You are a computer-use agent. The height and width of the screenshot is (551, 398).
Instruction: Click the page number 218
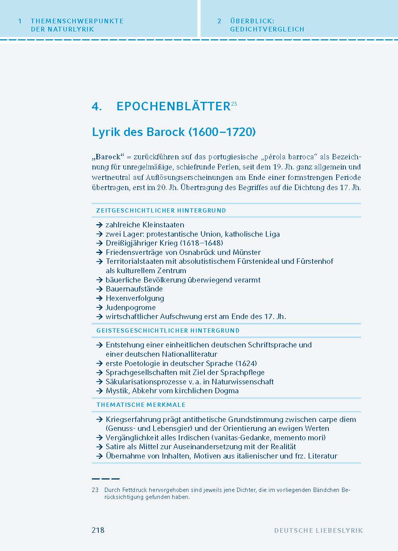click(x=98, y=530)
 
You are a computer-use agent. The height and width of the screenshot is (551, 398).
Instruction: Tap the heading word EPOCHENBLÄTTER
click(x=173, y=106)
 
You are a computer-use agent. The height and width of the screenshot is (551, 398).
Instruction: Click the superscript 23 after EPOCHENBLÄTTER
click(x=234, y=104)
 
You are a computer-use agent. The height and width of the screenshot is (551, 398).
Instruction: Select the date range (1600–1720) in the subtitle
click(x=222, y=132)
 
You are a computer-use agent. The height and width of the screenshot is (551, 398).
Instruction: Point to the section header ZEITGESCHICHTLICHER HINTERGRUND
click(x=161, y=211)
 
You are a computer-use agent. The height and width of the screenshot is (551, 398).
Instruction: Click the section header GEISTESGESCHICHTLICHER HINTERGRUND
click(x=168, y=331)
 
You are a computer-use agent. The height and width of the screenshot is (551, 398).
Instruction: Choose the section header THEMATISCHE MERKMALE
click(x=141, y=405)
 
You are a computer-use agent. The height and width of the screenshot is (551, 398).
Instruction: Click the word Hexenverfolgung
click(x=135, y=298)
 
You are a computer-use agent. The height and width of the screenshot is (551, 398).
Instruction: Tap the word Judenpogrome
click(x=131, y=307)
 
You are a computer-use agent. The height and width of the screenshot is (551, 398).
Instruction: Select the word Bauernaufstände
click(x=134, y=289)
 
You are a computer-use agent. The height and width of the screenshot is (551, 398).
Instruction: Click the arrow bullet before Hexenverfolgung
click(x=99, y=298)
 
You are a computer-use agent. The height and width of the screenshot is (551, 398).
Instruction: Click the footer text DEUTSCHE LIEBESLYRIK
click(x=318, y=530)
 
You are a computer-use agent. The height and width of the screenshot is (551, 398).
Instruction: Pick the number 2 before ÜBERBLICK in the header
click(x=219, y=21)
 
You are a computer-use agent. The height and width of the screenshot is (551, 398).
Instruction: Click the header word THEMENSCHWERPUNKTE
click(x=77, y=21)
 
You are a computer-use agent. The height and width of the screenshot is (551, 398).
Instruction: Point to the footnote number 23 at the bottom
click(x=95, y=490)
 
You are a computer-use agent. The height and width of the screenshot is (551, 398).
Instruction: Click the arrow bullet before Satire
click(x=99, y=447)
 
